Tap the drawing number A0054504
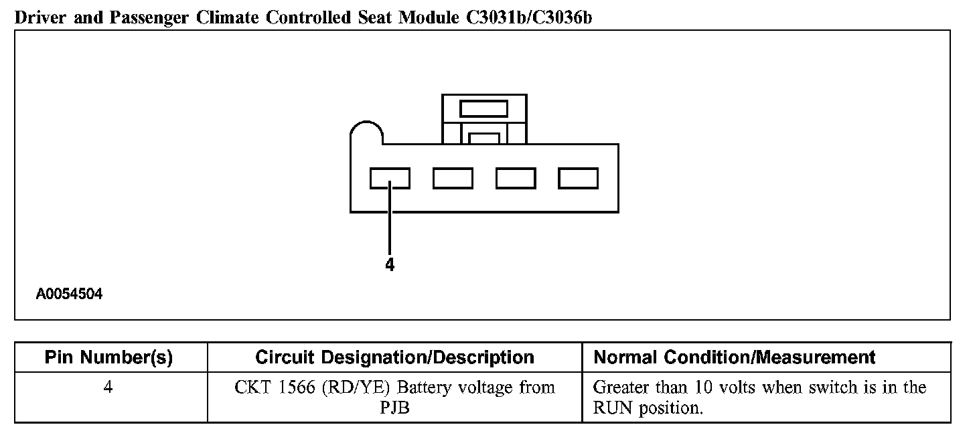pyautogui.click(x=69, y=294)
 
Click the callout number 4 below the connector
pyautogui.click(x=390, y=265)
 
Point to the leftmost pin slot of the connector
pyautogui.click(x=390, y=179)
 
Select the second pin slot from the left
pyautogui.click(x=453, y=179)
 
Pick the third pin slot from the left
pyautogui.click(x=516, y=179)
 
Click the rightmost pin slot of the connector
pyautogui.click(x=579, y=179)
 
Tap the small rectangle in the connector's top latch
pyautogui.click(x=484, y=108)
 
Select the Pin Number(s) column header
pyautogui.click(x=108, y=358)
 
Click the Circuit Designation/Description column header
pyautogui.click(x=394, y=358)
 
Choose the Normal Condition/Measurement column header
pyautogui.click(x=735, y=358)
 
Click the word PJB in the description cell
pyautogui.click(x=394, y=408)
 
